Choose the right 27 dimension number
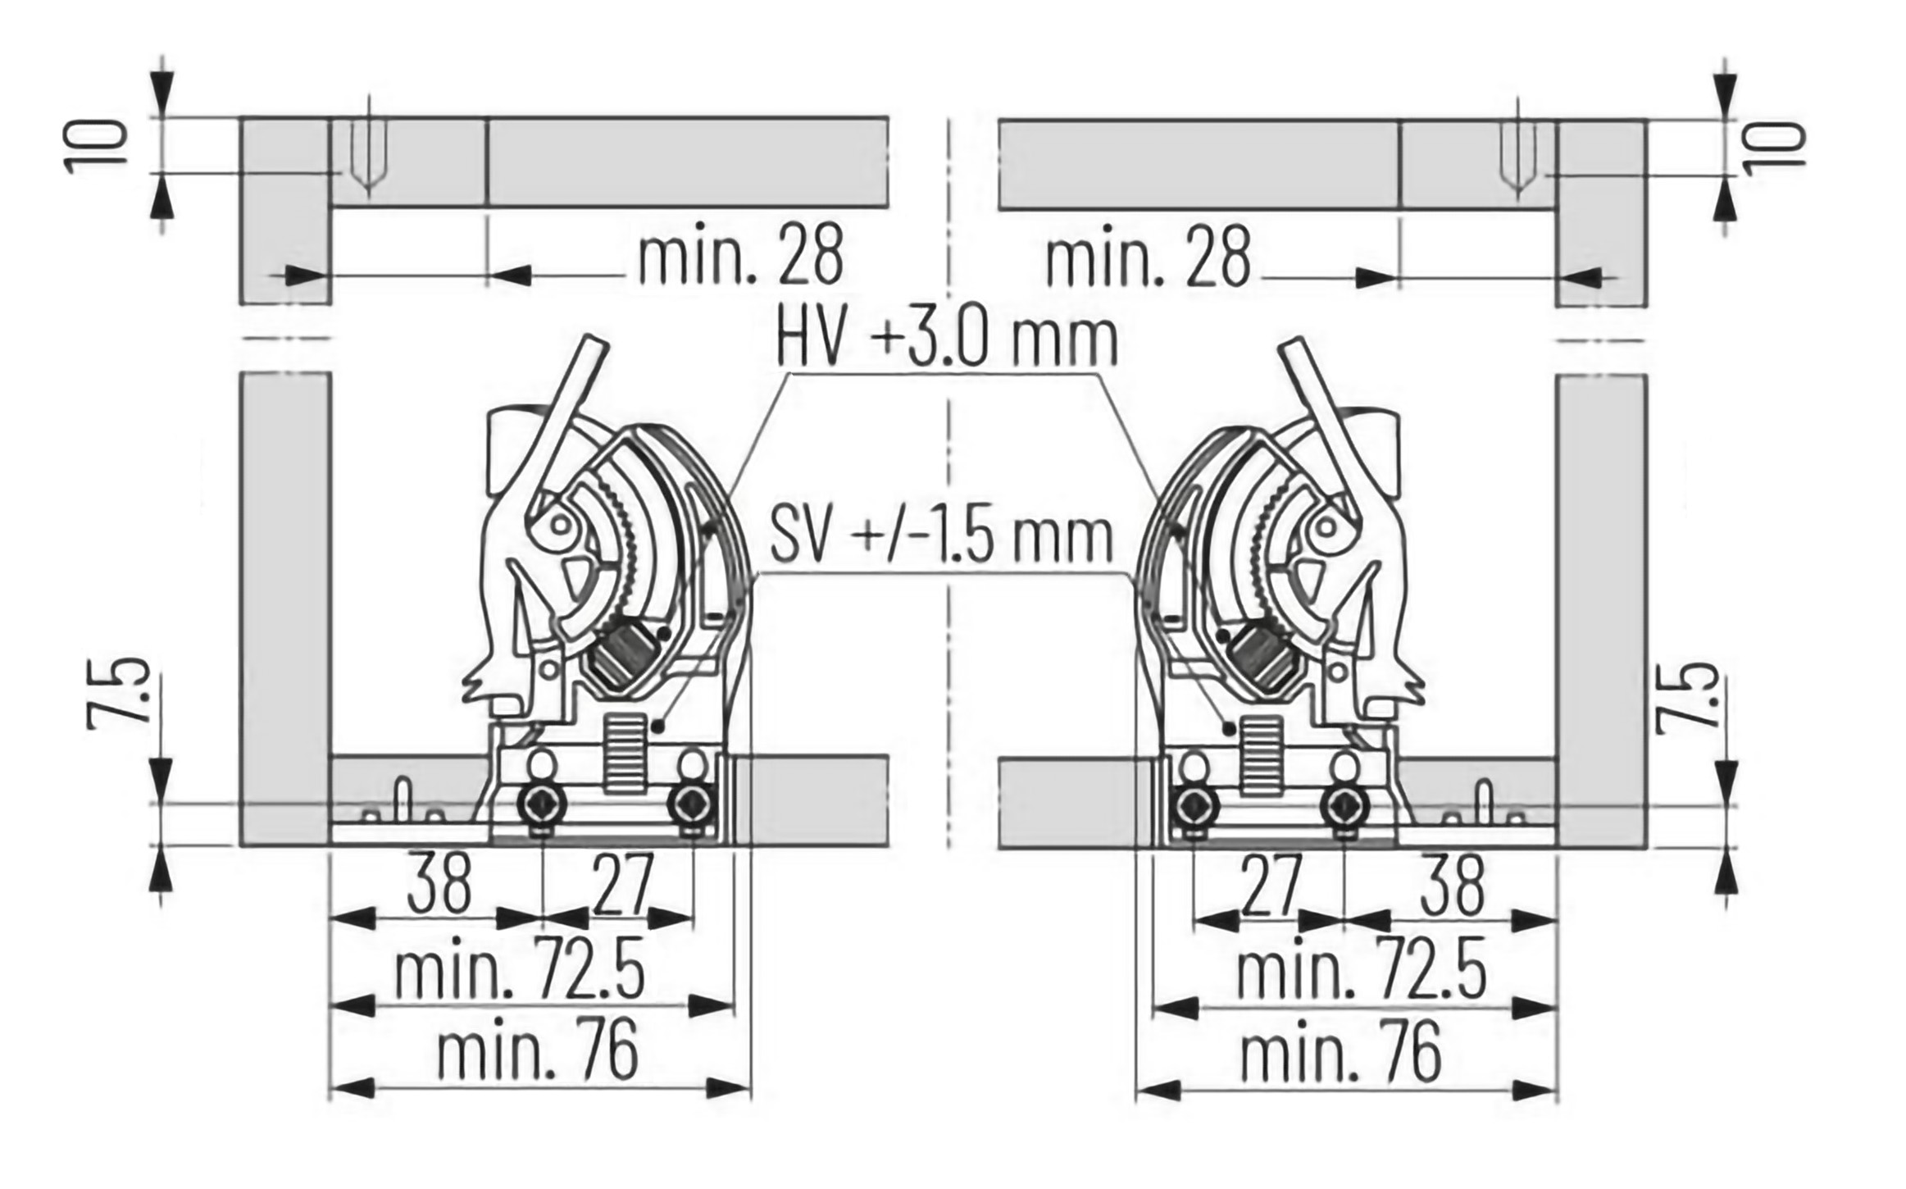(1271, 885)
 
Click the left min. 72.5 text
(519, 973)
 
